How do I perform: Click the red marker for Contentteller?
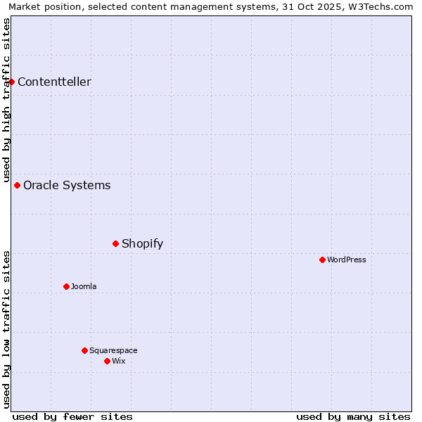pos(12,82)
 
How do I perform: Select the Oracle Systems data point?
pos(18,186)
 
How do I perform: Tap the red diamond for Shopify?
pos(116,244)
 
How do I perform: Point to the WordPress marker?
pos(323,260)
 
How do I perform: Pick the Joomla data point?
pos(67,287)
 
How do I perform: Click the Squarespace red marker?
pos(85,351)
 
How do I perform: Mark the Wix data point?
pos(108,362)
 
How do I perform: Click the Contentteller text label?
pos(54,82)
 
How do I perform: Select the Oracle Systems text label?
pos(67,186)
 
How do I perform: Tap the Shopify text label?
pos(142,244)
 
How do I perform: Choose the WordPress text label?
pos(347,260)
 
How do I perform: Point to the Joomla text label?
pos(84,287)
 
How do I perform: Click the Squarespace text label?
pos(113,351)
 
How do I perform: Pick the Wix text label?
pos(119,362)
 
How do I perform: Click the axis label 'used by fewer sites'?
pos(72,416)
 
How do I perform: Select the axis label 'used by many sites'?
pos(353,416)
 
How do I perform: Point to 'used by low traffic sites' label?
pos(6,329)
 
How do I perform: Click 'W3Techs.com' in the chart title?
pos(383,6)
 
